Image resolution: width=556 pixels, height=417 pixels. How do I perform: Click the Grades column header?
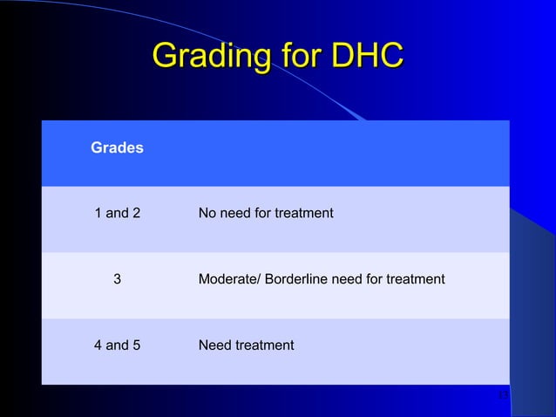coord(117,148)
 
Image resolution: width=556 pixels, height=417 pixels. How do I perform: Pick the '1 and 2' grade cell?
coord(117,213)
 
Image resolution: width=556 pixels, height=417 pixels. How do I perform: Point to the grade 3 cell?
coord(117,279)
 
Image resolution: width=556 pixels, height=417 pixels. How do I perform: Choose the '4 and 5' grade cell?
coord(117,345)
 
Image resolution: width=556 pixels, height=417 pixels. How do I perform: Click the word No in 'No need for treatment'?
coord(207,213)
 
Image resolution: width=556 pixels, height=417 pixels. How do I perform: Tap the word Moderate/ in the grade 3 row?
coord(229,279)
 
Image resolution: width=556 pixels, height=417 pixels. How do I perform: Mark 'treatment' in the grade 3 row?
coord(416,279)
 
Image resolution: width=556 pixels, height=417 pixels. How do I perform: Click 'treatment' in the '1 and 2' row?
coord(304,213)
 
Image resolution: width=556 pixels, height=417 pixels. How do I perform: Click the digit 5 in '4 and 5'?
coord(135,345)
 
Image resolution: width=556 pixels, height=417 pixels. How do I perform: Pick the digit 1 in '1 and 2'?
coord(98,213)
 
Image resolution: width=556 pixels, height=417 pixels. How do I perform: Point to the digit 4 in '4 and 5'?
coord(98,345)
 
